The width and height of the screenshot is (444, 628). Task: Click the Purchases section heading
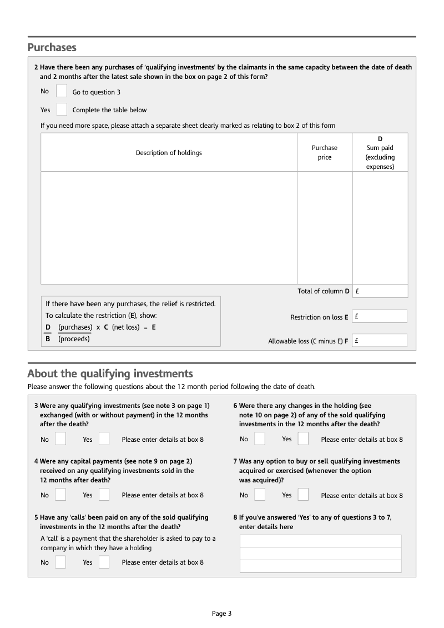click(x=52, y=47)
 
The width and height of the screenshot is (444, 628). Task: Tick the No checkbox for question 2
click(x=62, y=91)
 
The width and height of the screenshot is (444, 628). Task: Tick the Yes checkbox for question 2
click(x=62, y=109)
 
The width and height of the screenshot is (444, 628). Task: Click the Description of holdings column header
click(x=169, y=153)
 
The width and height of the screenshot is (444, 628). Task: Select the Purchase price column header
click(x=325, y=152)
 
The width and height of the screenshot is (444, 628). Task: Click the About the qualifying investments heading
click(x=110, y=373)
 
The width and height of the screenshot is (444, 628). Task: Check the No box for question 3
click(x=60, y=439)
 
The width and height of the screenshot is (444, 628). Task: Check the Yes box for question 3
click(x=104, y=439)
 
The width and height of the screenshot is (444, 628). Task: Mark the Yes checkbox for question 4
click(x=104, y=495)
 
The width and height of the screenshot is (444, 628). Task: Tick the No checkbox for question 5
click(x=60, y=562)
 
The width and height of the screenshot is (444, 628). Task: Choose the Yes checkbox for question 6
click(x=303, y=439)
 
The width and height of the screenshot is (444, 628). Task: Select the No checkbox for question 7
click(x=260, y=495)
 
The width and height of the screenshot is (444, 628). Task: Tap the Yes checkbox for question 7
click(x=303, y=495)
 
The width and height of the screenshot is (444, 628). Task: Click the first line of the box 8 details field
click(x=320, y=541)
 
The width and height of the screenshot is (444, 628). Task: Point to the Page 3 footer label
click(x=221, y=614)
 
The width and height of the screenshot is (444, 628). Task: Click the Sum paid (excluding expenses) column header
click(x=380, y=152)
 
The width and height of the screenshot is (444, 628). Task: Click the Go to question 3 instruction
click(x=96, y=92)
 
